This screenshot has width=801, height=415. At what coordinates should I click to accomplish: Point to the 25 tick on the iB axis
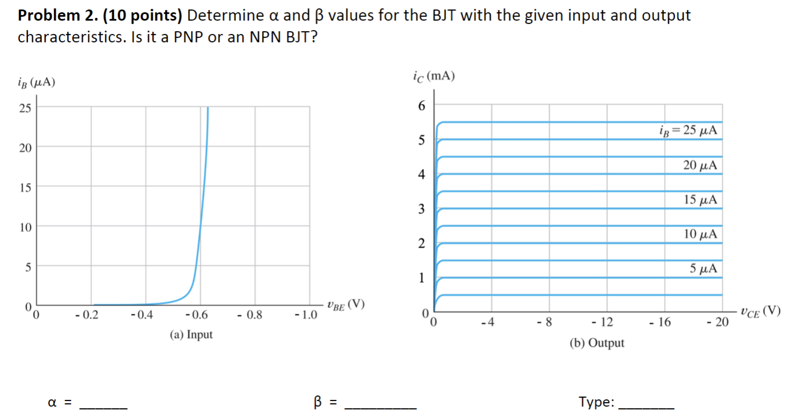25,107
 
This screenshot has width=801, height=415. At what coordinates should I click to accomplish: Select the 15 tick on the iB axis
25,187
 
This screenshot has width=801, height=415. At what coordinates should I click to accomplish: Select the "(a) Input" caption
191,334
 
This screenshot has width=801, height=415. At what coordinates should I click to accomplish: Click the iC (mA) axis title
434,76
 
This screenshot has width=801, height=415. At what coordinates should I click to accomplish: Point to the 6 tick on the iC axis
421,106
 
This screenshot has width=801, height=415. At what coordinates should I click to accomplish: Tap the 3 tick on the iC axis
421,209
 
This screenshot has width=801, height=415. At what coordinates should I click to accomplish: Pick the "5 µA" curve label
704,269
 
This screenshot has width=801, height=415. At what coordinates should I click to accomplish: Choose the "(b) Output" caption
597,343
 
